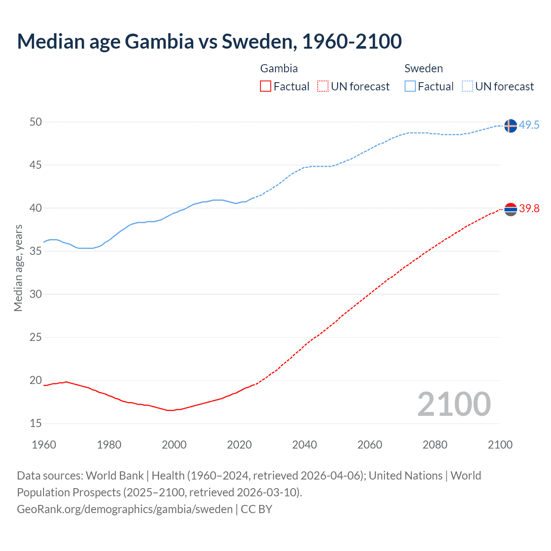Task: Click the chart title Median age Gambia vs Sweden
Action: tap(209, 41)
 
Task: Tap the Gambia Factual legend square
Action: tap(266, 86)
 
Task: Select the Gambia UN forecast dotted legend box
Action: tap(323, 86)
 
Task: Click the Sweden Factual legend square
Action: tap(410, 86)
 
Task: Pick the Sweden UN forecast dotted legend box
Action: tap(467, 86)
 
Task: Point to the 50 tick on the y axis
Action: tap(36, 122)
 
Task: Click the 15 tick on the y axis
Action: tap(36, 424)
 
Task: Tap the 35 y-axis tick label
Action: tap(36, 251)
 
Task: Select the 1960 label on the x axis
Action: tap(44, 445)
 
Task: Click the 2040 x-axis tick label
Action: tap(304, 445)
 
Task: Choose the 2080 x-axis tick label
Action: tap(435, 445)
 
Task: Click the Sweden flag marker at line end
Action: tap(510, 126)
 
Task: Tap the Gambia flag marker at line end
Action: tap(510, 210)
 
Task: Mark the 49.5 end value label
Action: tap(529, 125)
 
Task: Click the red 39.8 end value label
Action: tap(529, 209)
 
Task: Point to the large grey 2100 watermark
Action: tap(454, 404)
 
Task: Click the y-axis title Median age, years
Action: tap(18, 268)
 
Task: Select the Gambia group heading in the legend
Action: tap(279, 68)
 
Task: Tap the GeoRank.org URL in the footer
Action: tap(125, 509)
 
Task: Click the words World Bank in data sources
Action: tap(115, 476)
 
